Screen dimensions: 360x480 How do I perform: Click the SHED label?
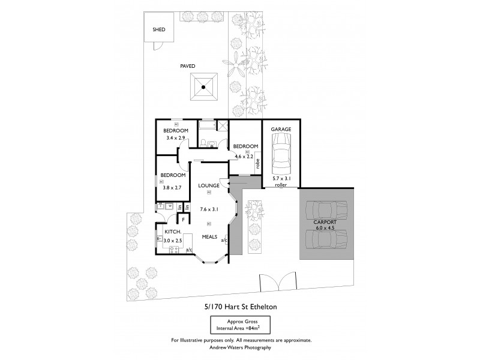[159, 29]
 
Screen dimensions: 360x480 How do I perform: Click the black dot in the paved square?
[203, 88]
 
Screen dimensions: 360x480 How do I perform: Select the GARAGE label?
[280, 129]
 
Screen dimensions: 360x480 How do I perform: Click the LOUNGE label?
[208, 185]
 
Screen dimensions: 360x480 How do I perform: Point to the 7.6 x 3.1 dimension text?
[208, 209]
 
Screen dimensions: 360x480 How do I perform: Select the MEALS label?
[208, 236]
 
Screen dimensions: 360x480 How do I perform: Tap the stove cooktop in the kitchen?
[175, 248]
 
